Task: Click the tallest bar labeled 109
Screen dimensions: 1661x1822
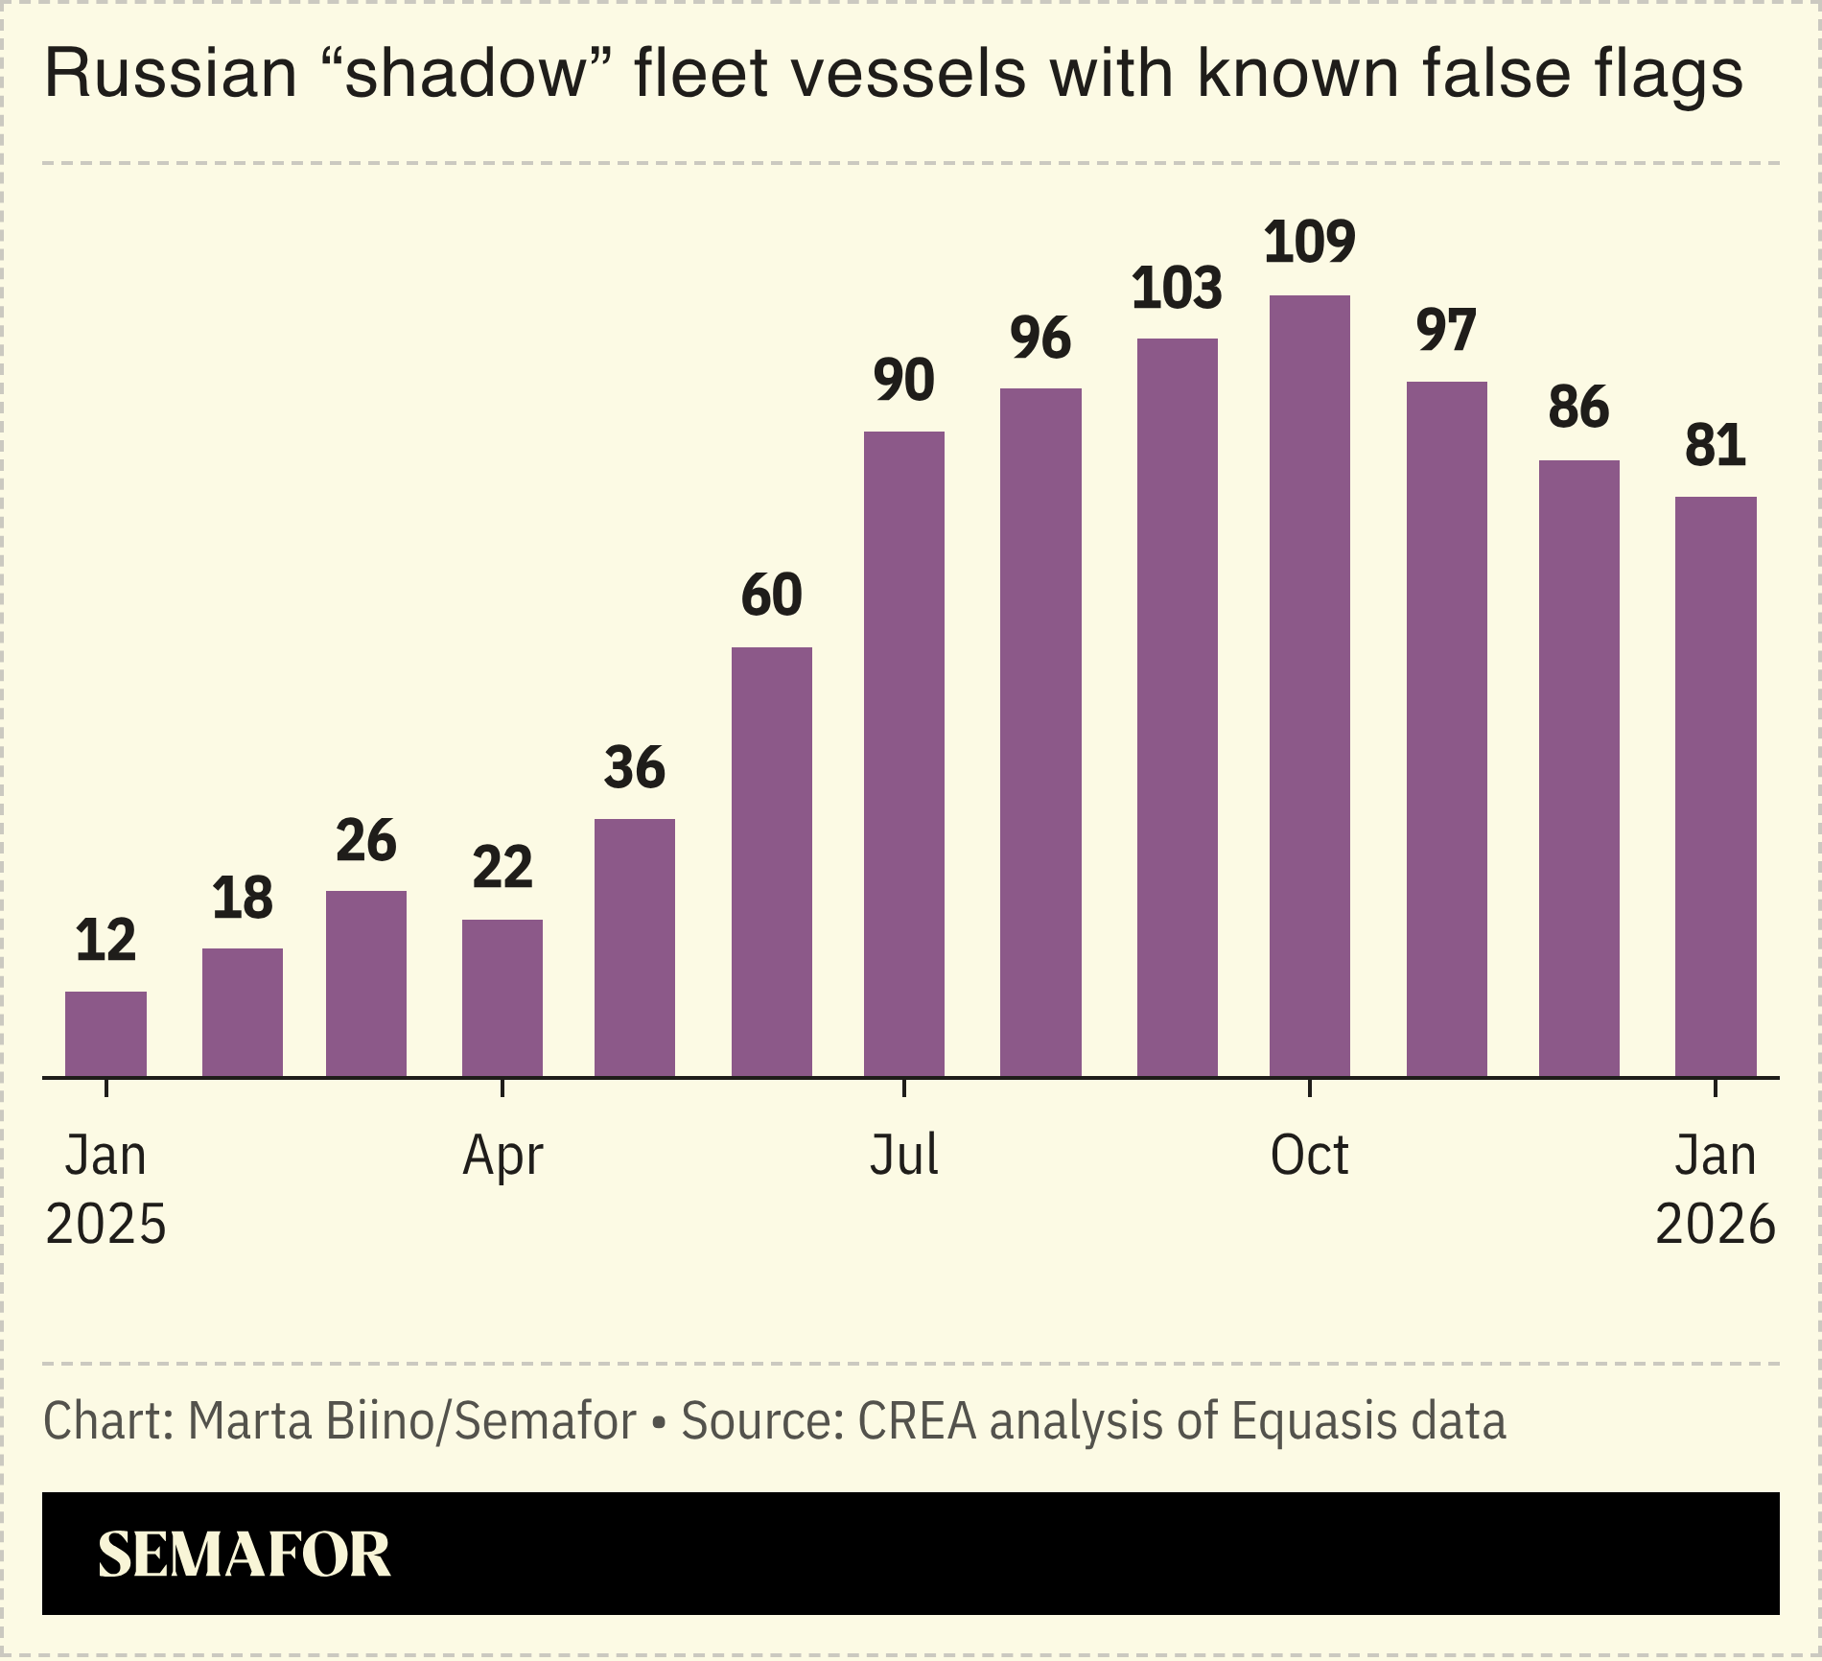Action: [x=1309, y=686]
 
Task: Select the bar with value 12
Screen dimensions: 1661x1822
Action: [x=105, y=1034]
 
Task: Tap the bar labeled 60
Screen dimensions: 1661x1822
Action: [x=771, y=861]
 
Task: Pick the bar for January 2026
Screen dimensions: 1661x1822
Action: [x=1715, y=786]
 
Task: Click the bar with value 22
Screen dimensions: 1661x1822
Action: [x=502, y=997]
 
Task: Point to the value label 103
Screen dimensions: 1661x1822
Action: [x=1177, y=288]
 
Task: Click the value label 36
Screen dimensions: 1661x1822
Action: [x=634, y=768]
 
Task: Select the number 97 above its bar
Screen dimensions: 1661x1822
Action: [x=1446, y=331]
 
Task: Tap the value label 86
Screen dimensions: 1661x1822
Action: [x=1578, y=408]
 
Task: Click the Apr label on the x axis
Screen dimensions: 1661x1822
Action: [x=502, y=1157]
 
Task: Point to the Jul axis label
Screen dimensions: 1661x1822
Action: [x=903, y=1156]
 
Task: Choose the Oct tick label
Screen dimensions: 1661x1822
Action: [x=1309, y=1156]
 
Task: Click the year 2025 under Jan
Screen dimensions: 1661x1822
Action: [x=105, y=1225]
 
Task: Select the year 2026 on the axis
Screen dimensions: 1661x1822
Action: [x=1715, y=1225]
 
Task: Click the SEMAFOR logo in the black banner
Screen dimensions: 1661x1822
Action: [x=245, y=1555]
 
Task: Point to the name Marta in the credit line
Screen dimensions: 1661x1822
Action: [x=250, y=1421]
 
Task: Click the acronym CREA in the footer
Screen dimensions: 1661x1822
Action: [x=917, y=1421]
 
